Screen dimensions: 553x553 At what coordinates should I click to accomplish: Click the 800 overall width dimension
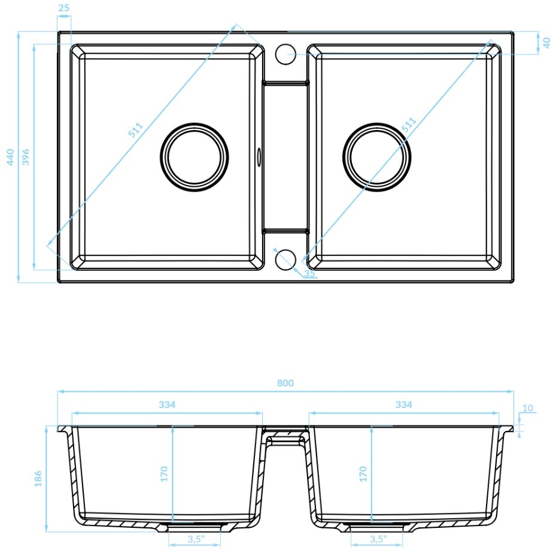pyautogui.click(x=285, y=383)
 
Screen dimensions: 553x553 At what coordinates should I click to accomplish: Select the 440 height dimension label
pyautogui.click(x=10, y=157)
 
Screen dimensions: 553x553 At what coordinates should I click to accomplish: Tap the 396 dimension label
pyautogui.click(x=25, y=157)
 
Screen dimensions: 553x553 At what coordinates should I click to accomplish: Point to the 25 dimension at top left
pyautogui.click(x=64, y=7)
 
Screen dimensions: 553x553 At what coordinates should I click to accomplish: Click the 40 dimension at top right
pyautogui.click(x=546, y=43)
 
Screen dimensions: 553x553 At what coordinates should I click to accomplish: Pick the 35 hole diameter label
pyautogui.click(x=309, y=273)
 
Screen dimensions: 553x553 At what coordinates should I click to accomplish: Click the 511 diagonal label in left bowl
pyautogui.click(x=135, y=129)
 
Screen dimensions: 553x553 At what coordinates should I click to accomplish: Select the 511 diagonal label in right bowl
pyautogui.click(x=409, y=125)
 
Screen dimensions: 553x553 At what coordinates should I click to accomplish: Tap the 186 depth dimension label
pyautogui.click(x=38, y=479)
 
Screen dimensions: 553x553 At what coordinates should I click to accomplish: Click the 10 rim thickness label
pyautogui.click(x=528, y=408)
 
